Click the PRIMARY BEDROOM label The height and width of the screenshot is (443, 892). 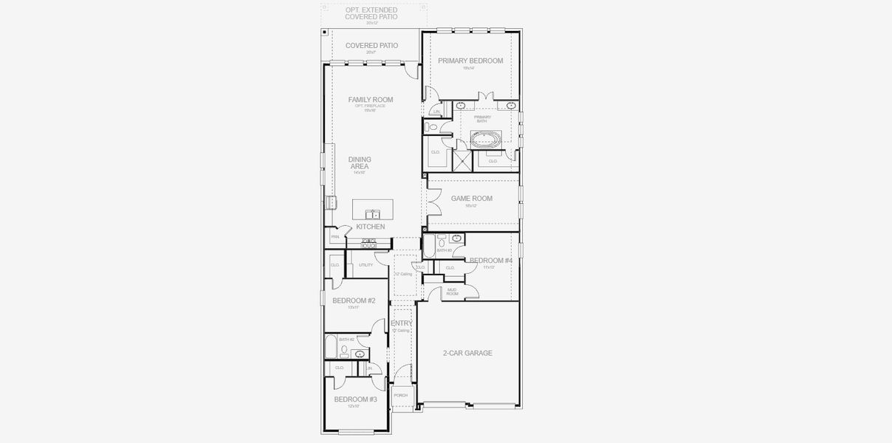tap(470, 61)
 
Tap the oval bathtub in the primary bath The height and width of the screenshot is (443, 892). tap(486, 139)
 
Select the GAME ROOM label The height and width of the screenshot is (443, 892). tap(471, 199)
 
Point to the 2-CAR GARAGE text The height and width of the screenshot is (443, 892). tap(467, 353)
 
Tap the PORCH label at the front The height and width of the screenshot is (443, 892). tap(400, 395)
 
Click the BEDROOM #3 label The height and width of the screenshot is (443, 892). tap(355, 399)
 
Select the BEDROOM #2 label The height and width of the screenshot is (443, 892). tap(354, 301)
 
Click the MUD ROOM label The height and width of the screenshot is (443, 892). tap(452, 292)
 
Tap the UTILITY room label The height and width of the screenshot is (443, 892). tap(366, 264)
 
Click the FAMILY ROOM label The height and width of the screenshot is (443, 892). tap(371, 100)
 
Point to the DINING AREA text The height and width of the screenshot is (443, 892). tap(360, 163)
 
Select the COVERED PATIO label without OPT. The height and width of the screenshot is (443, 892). tap(371, 46)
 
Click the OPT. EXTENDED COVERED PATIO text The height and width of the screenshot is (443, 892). tap(371, 13)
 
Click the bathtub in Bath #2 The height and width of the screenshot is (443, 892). tap(331, 347)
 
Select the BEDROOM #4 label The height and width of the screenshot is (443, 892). tap(490, 261)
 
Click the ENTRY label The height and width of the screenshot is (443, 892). tap(401, 323)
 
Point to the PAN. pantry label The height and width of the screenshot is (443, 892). tap(334, 236)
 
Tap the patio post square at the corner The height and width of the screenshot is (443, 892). tap(324, 32)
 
